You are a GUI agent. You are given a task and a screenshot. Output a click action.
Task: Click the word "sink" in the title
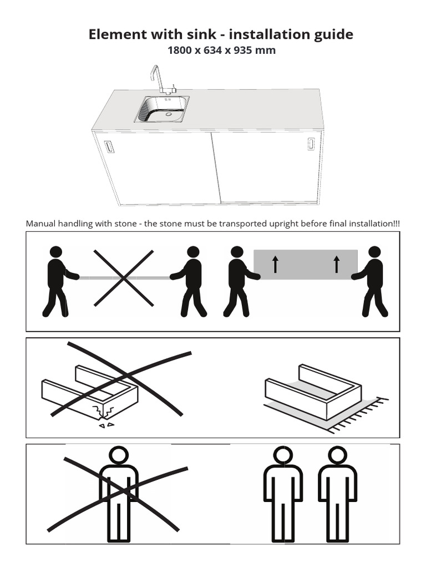(x=201, y=34)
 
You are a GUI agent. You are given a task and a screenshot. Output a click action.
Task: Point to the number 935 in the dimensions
(x=243, y=50)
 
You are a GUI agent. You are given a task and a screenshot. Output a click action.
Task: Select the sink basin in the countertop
(x=162, y=109)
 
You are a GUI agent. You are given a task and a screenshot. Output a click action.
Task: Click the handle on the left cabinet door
(x=109, y=146)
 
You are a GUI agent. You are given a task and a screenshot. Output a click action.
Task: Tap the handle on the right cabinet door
(x=311, y=144)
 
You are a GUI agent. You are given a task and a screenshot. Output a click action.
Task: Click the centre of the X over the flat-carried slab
(x=124, y=278)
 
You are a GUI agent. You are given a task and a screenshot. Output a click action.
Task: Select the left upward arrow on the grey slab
(x=275, y=264)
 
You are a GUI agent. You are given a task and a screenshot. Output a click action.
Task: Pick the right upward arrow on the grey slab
(x=337, y=264)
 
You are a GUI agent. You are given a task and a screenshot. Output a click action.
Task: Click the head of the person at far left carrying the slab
(x=56, y=252)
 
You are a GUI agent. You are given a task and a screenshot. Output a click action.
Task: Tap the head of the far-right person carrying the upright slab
(x=374, y=252)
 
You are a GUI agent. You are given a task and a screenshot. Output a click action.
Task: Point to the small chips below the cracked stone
(x=107, y=425)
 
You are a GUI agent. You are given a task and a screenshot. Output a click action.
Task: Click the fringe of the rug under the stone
(x=359, y=415)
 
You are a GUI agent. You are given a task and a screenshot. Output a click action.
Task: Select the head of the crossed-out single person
(x=119, y=455)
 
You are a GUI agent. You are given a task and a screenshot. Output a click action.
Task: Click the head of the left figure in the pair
(x=283, y=455)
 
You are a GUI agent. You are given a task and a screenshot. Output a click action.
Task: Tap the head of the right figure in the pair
(x=337, y=455)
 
